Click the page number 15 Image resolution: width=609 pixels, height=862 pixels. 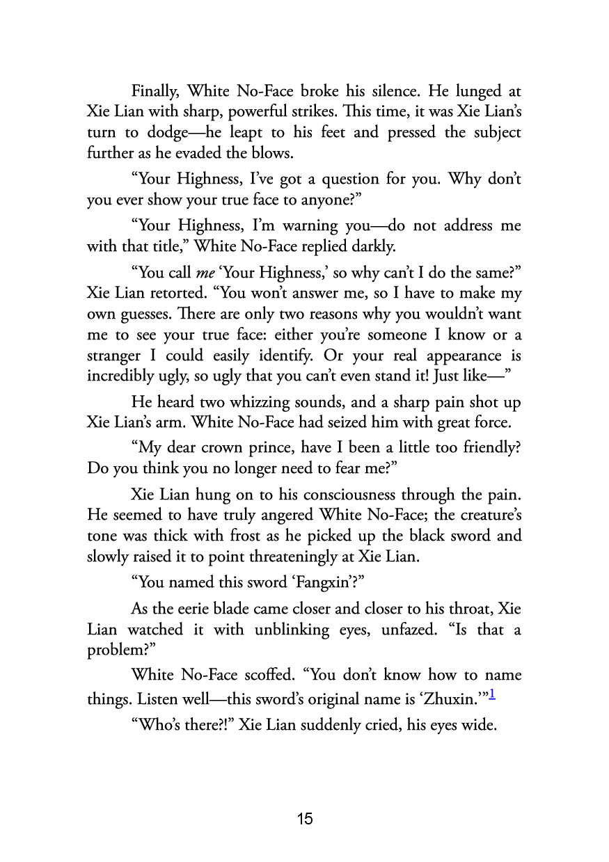click(x=304, y=819)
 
